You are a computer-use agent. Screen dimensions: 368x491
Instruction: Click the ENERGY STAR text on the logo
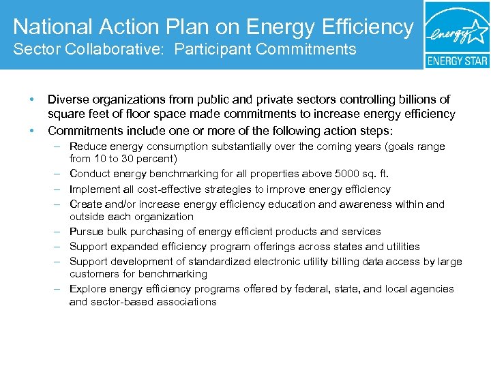pyautogui.click(x=457, y=60)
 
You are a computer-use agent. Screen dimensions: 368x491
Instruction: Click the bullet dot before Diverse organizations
pyautogui.click(x=31, y=100)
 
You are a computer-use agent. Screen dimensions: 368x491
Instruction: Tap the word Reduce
pyautogui.click(x=87, y=147)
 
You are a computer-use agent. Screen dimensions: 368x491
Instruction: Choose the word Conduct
pyautogui.click(x=90, y=174)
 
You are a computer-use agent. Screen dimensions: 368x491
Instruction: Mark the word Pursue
pyautogui.click(x=86, y=232)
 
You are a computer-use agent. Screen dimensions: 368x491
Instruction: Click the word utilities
pyautogui.click(x=399, y=247)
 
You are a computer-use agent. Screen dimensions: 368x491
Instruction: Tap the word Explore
pyautogui.click(x=87, y=289)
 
